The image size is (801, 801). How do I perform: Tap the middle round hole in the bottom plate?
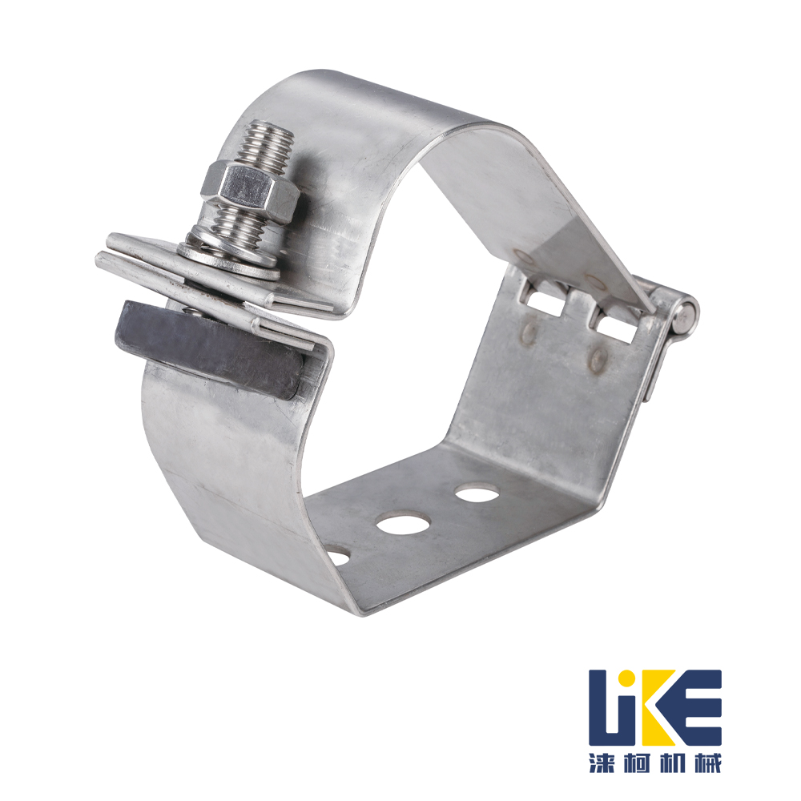pyautogui.click(x=403, y=522)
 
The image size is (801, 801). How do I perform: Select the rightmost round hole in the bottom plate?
pyautogui.click(x=476, y=493)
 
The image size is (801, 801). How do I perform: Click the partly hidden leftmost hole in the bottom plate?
pyautogui.click(x=338, y=557)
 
